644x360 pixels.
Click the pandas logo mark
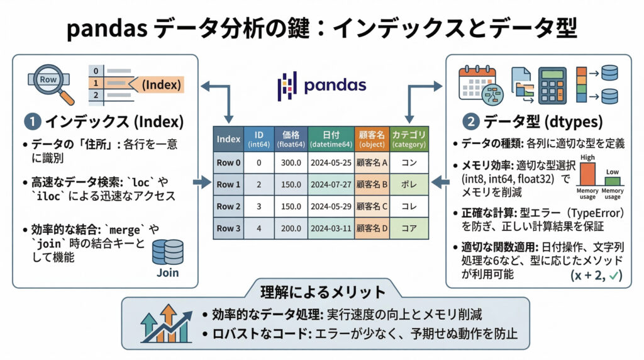tap(287, 86)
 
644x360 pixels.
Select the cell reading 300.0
tap(291, 162)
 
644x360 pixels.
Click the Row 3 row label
tap(228, 230)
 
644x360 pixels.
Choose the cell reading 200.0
tap(291, 230)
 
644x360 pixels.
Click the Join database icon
tap(168, 252)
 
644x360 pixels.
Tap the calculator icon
tap(552, 84)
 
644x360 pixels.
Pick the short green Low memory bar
tap(612, 181)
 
